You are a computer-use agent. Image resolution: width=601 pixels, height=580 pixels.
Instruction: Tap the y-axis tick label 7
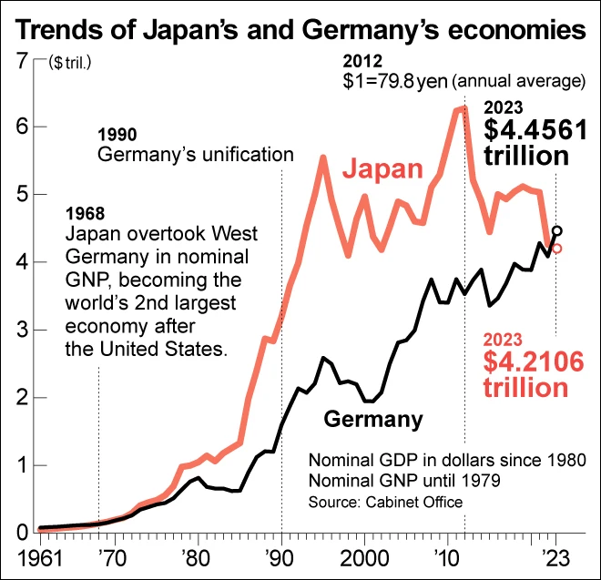tap(19, 61)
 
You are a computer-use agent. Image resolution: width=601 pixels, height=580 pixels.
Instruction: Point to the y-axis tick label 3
tap(19, 331)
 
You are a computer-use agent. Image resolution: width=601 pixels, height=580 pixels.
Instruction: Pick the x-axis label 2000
tap(364, 556)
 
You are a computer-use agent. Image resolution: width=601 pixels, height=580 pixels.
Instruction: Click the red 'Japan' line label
tap(383, 169)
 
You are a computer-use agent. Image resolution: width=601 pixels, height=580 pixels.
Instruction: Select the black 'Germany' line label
tap(373, 420)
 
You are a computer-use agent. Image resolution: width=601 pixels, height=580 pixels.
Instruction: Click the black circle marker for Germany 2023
tap(557, 231)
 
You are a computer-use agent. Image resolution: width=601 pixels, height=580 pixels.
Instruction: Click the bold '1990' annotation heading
tap(117, 135)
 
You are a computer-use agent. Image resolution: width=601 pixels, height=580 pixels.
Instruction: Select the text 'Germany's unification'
tap(195, 154)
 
